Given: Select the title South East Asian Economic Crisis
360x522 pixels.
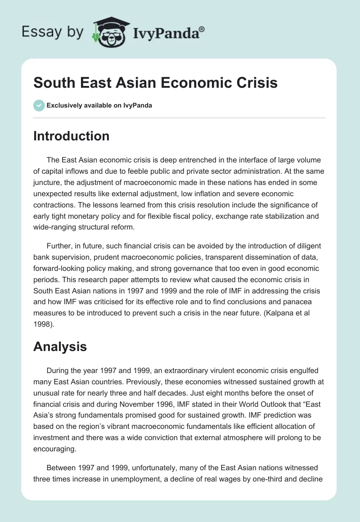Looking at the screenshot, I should pyautogui.click(x=155, y=83).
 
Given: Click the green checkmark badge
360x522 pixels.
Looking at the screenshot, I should pyautogui.click(x=39, y=105).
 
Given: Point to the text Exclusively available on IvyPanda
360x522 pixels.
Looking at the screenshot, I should pyautogui.click(x=99, y=105).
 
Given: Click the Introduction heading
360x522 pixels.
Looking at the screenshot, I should pyautogui.click(x=71, y=136).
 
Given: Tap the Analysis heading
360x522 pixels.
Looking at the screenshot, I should pyautogui.click(x=60, y=346).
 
